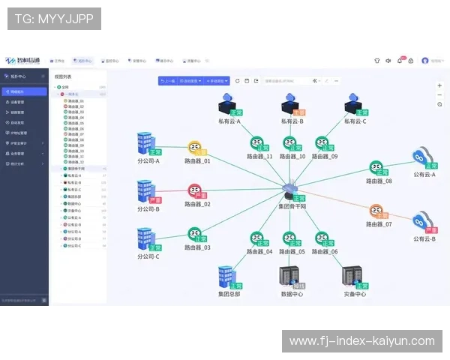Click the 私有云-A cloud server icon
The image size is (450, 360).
pyautogui.click(x=227, y=103)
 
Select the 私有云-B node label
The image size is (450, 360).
pyautogui.click(x=292, y=121)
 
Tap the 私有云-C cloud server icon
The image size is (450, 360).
pyautogui.click(x=353, y=103)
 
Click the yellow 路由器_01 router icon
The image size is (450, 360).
pyautogui.click(x=196, y=147)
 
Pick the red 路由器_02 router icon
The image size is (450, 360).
pyautogui.click(x=195, y=190)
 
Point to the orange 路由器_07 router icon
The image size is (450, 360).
pyautogui.click(x=377, y=211)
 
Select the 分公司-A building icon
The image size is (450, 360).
pyautogui.click(x=145, y=145)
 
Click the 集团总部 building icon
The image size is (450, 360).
pyautogui.click(x=227, y=277)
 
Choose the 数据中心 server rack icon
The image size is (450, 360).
pyautogui.click(x=290, y=277)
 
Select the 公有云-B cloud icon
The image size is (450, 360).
pyautogui.click(x=423, y=223)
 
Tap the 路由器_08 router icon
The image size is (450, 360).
pyautogui.click(x=377, y=168)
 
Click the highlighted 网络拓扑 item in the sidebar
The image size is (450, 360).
pyautogui.click(x=24, y=91)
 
